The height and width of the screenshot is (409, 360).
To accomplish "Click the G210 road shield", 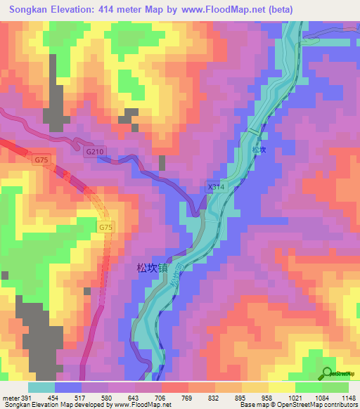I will [94, 152].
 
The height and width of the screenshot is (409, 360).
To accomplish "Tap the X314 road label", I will [214, 187].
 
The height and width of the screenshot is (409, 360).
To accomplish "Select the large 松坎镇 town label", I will [153, 268].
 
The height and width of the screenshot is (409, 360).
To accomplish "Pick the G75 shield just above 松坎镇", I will [105, 227].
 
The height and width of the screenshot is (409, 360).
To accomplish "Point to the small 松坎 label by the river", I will [259, 150].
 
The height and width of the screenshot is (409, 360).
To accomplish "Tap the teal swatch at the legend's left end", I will [41, 387].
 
